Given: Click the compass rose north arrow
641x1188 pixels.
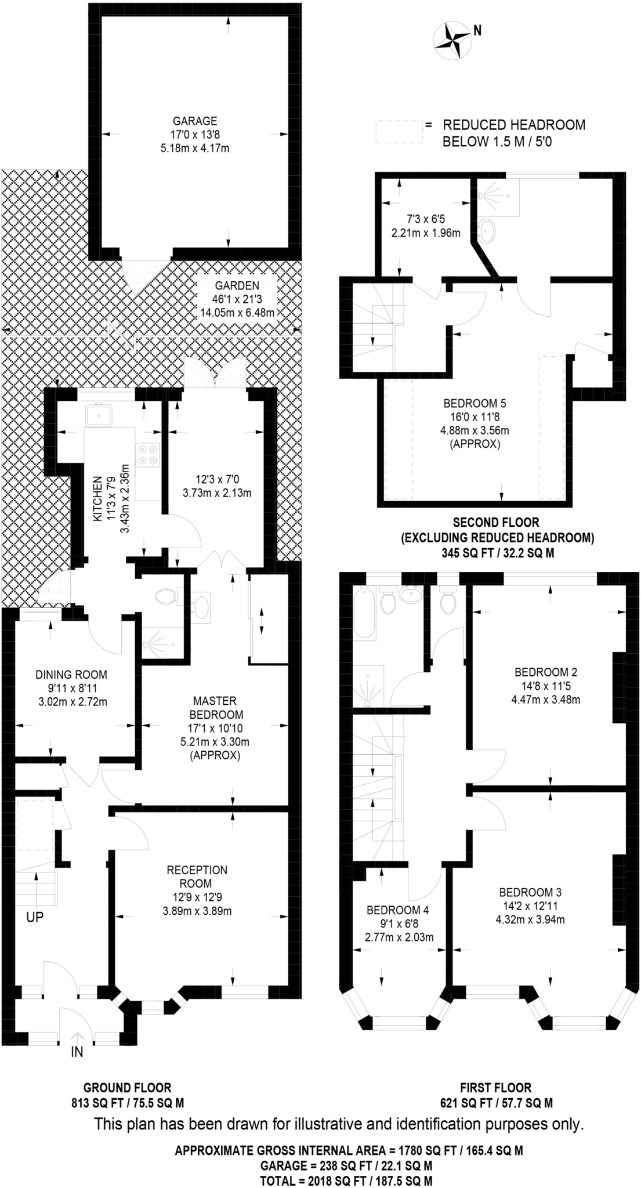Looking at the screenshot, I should (453, 40).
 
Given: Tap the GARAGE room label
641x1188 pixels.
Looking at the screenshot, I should (195, 121).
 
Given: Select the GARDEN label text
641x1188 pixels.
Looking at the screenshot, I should (237, 285).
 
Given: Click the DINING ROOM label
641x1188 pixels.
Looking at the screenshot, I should (71, 675).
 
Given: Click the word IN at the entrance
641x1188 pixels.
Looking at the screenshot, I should (77, 1052).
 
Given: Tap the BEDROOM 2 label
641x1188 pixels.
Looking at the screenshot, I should (546, 673).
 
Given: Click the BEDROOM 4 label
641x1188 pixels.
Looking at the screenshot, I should (397, 910).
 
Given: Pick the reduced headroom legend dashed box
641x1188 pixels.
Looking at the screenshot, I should (399, 132).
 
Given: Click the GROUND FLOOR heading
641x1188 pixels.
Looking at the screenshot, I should (128, 1088).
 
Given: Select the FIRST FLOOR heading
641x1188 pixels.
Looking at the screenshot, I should (496, 1088).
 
